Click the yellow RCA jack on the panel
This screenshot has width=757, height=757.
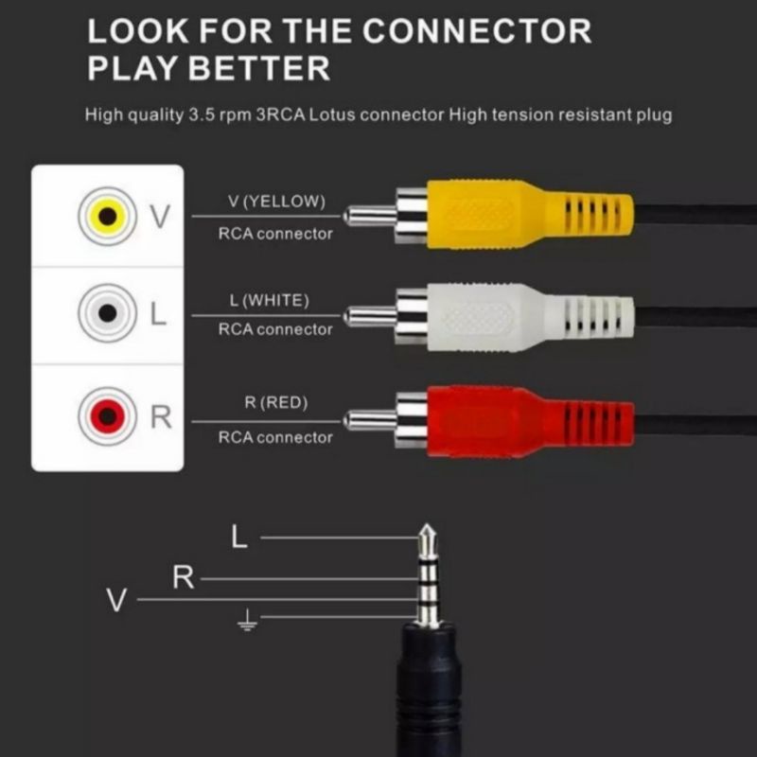107,216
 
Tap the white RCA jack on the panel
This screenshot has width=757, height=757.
107,313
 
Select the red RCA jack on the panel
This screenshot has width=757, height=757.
107,415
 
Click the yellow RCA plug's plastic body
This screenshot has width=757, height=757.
530,215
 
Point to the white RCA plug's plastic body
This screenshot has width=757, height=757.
530,317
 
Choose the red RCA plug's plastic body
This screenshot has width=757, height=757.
530,421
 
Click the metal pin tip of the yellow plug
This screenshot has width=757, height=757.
346,216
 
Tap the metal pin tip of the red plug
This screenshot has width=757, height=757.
346,420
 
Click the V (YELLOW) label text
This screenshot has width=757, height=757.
276,202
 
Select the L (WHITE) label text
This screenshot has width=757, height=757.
270,300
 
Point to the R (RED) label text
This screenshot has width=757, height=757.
276,402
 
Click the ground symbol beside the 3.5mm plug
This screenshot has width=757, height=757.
247,620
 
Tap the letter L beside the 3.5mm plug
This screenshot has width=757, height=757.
239,537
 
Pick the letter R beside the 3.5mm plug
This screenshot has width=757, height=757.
183,577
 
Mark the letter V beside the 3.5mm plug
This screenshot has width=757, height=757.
116,600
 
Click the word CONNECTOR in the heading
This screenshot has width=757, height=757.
477,31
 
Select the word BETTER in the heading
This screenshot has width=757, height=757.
258,68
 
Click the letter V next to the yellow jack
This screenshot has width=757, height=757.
160,216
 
